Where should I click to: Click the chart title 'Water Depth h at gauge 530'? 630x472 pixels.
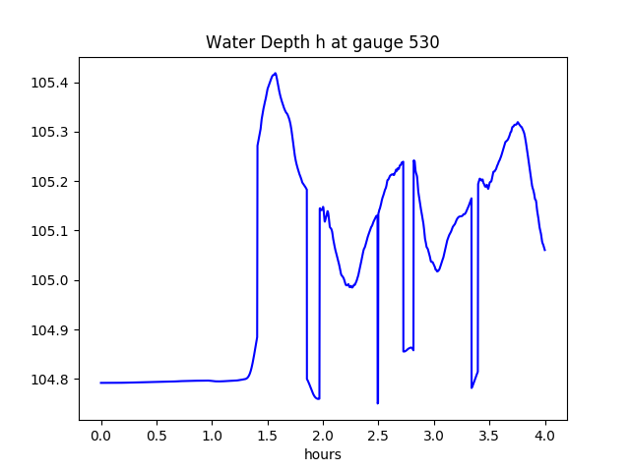pos(322,43)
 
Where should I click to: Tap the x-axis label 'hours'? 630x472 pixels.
pos(322,455)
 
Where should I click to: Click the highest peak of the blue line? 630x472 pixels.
pos(275,74)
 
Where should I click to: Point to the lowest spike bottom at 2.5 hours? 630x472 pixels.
pos(378,403)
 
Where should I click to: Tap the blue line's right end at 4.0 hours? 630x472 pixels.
pos(544,250)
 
